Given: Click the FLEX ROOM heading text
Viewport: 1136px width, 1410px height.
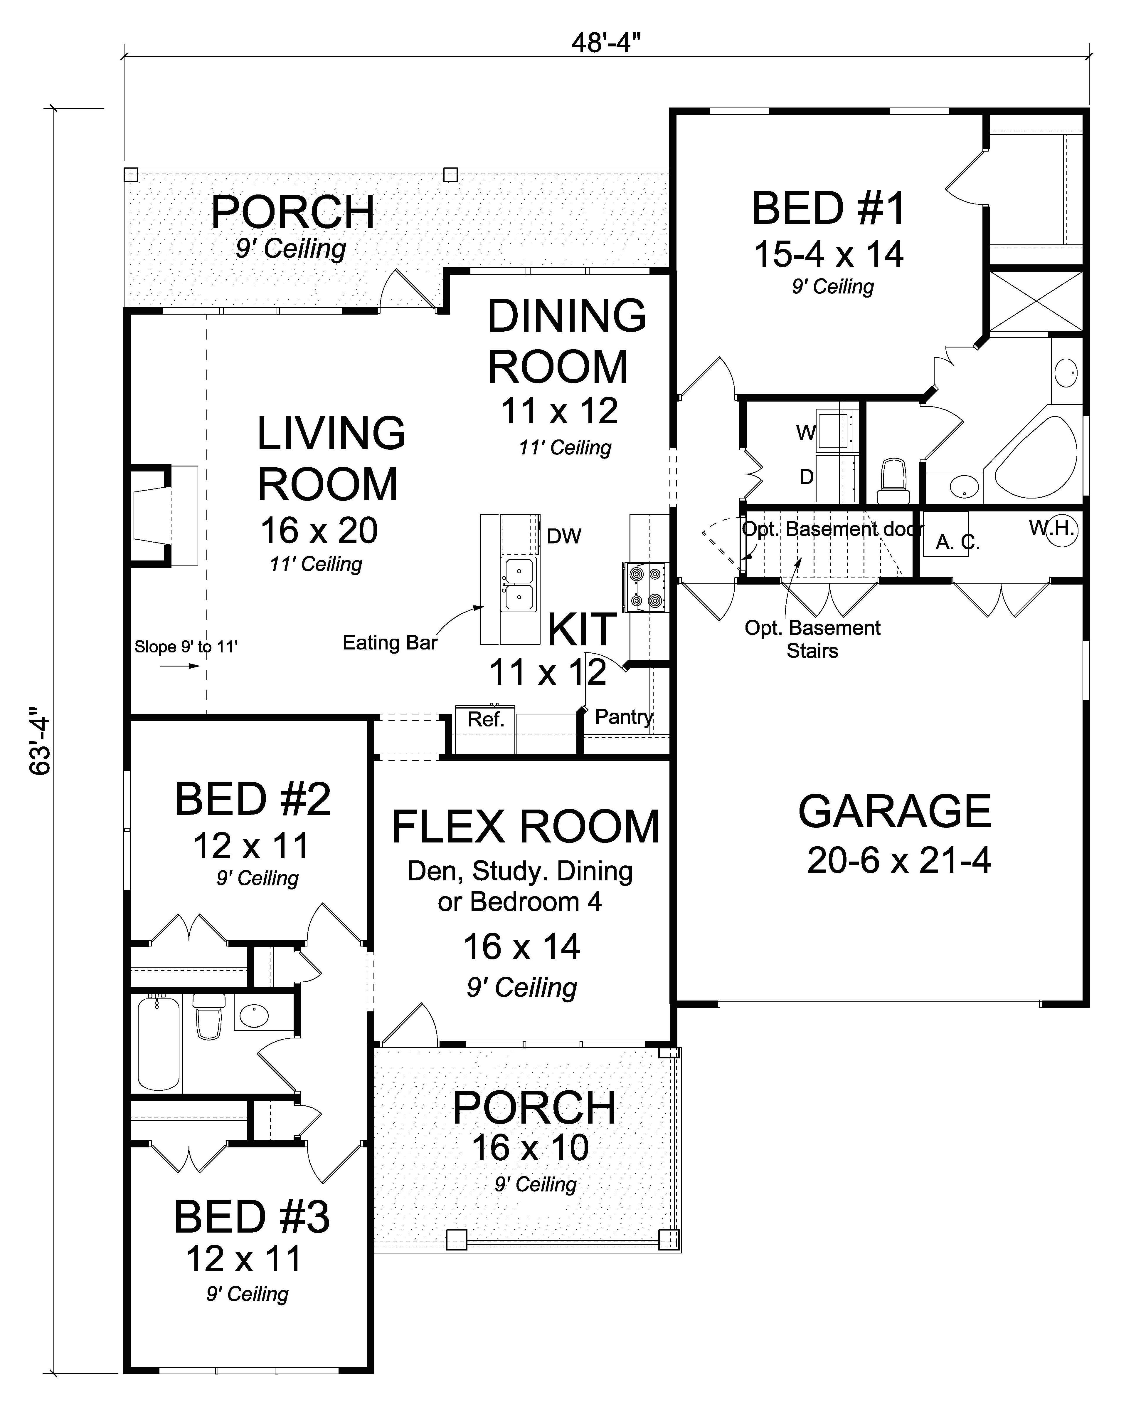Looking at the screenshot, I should click(x=526, y=827).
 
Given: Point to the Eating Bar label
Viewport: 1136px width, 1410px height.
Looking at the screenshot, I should click(x=389, y=643).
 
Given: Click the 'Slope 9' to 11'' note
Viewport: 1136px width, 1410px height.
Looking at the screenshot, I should click(x=186, y=647).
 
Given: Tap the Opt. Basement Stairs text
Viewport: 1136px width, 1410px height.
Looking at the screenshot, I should click(x=812, y=639).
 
